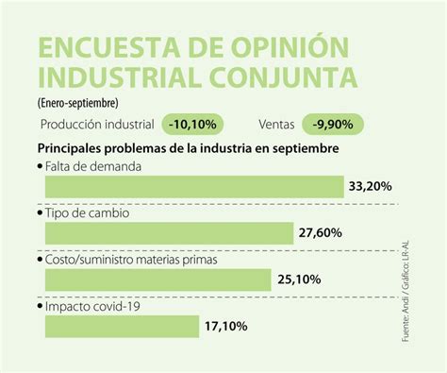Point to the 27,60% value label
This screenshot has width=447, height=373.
(320, 233)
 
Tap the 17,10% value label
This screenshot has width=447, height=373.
(225, 327)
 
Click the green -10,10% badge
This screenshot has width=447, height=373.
(193, 124)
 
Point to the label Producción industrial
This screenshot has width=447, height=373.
(97, 124)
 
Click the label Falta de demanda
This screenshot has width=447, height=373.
(93, 166)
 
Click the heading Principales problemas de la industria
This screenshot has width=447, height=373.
(160, 148)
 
